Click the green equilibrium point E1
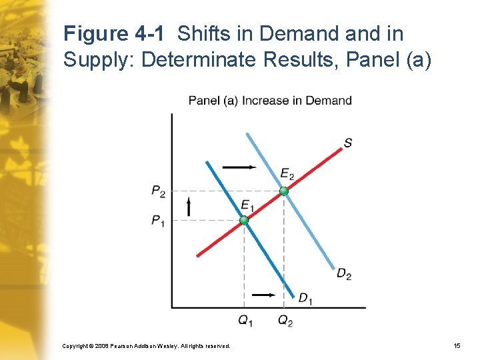point(244,220)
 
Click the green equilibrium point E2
point(284,191)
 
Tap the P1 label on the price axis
point(158,221)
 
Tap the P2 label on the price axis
point(158,192)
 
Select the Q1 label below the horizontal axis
point(245,321)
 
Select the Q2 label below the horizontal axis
point(285,321)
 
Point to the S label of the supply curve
point(348,143)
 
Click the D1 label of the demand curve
point(305,299)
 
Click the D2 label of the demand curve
point(344,273)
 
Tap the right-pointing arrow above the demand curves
point(239,167)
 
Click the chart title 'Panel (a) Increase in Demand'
point(270,101)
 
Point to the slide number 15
point(456,346)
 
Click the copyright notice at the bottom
point(146,346)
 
